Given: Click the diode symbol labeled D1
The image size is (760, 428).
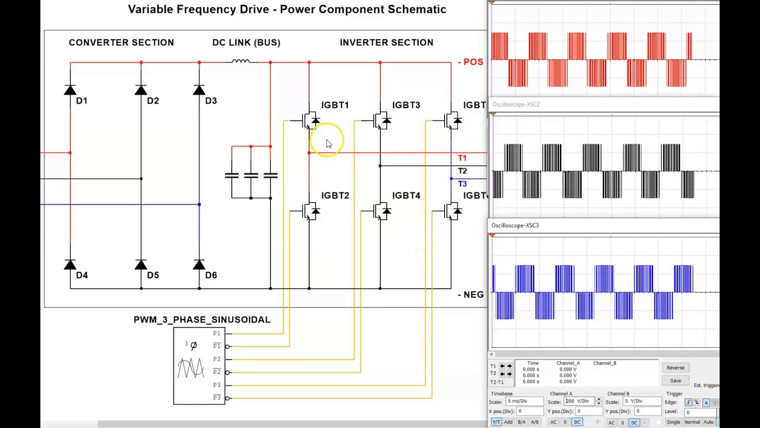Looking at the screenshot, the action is click(70, 90).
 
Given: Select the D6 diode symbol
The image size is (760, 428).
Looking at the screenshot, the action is click(199, 265).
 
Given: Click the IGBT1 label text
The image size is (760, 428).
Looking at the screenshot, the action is click(335, 105).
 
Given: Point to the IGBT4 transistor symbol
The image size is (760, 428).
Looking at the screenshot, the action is click(382, 211).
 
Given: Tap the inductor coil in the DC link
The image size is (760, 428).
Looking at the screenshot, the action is click(240, 61).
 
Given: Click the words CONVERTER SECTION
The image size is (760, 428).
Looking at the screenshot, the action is click(121, 43).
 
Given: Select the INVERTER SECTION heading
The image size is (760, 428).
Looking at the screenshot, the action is click(387, 43).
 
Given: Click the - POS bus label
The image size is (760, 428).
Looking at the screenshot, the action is click(470, 62).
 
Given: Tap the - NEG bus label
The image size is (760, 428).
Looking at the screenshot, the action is click(470, 295).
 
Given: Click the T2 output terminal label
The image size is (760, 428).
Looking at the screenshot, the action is click(462, 171).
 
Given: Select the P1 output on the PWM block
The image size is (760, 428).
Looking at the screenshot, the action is click(217, 333).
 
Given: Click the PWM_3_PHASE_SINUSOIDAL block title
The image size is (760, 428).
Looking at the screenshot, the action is click(202, 320).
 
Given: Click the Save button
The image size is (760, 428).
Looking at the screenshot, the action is click(675, 381).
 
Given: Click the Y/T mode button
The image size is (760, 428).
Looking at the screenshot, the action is click(496, 423).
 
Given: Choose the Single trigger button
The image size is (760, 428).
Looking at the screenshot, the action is click(673, 423).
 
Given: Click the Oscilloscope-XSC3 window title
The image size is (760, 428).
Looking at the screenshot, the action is click(515, 226).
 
